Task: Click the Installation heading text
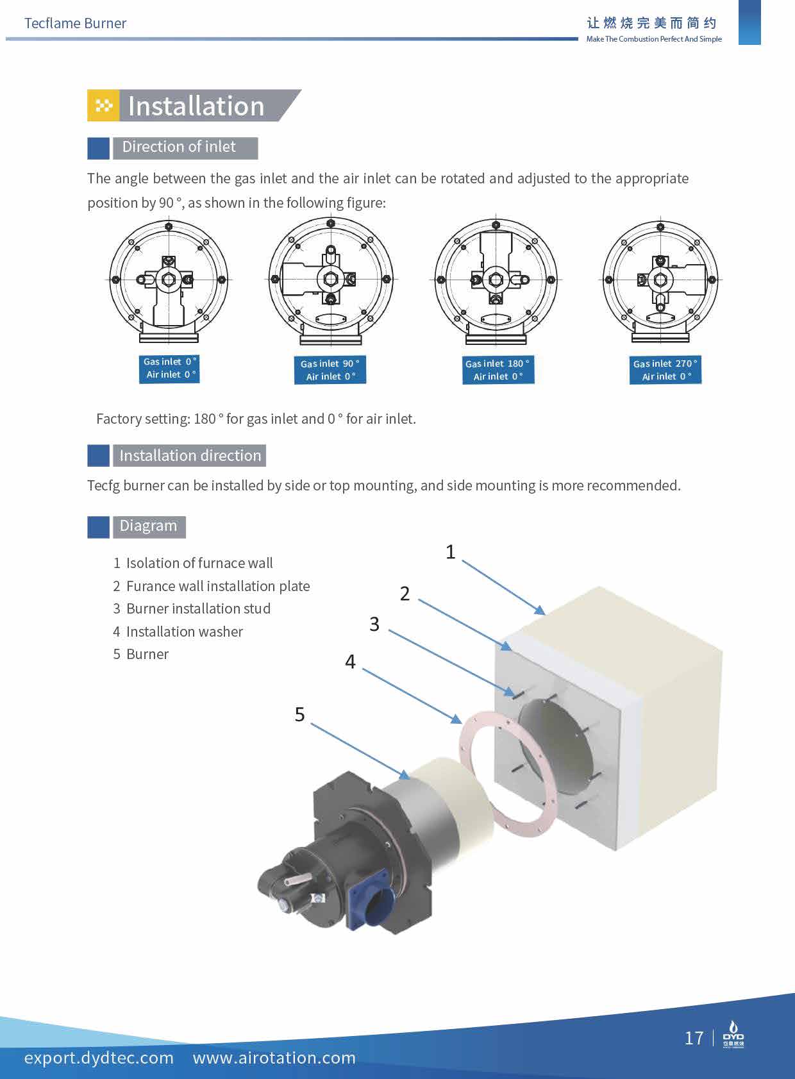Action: click(196, 106)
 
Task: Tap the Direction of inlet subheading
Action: click(179, 147)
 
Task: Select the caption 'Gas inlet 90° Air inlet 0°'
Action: click(330, 370)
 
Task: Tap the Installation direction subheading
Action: click(190, 456)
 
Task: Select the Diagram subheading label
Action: click(148, 526)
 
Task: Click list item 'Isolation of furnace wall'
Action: click(199, 563)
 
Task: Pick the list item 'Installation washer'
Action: click(184, 632)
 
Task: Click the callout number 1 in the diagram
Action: click(450, 552)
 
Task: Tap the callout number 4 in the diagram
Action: click(350, 662)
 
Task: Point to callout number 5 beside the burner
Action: click(299, 714)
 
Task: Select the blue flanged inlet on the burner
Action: click(368, 899)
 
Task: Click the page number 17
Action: click(694, 1038)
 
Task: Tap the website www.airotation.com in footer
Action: click(274, 1058)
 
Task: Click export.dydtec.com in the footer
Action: click(99, 1058)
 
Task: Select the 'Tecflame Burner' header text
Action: click(75, 24)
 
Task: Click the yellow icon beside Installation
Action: click(103, 106)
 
